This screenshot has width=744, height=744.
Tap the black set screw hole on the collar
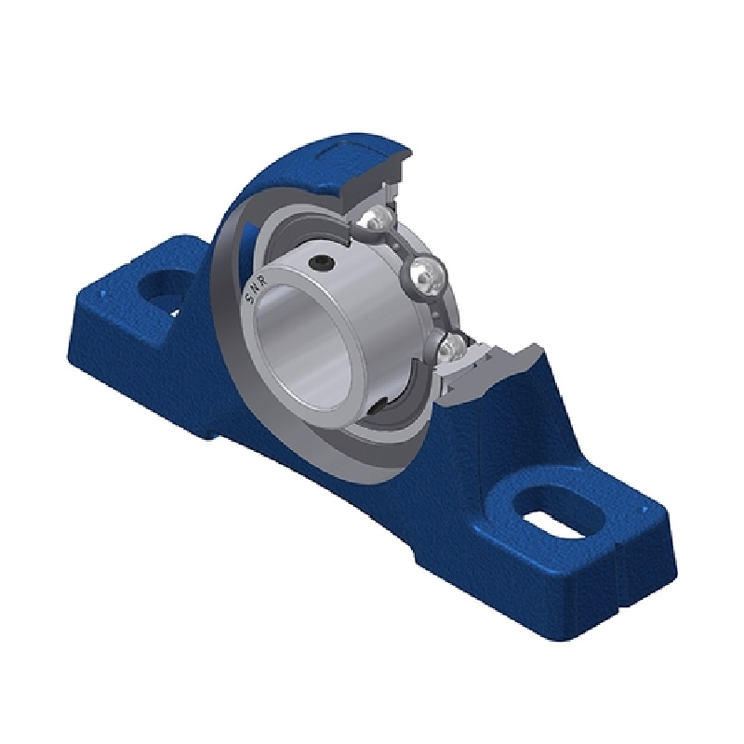[321, 263]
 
